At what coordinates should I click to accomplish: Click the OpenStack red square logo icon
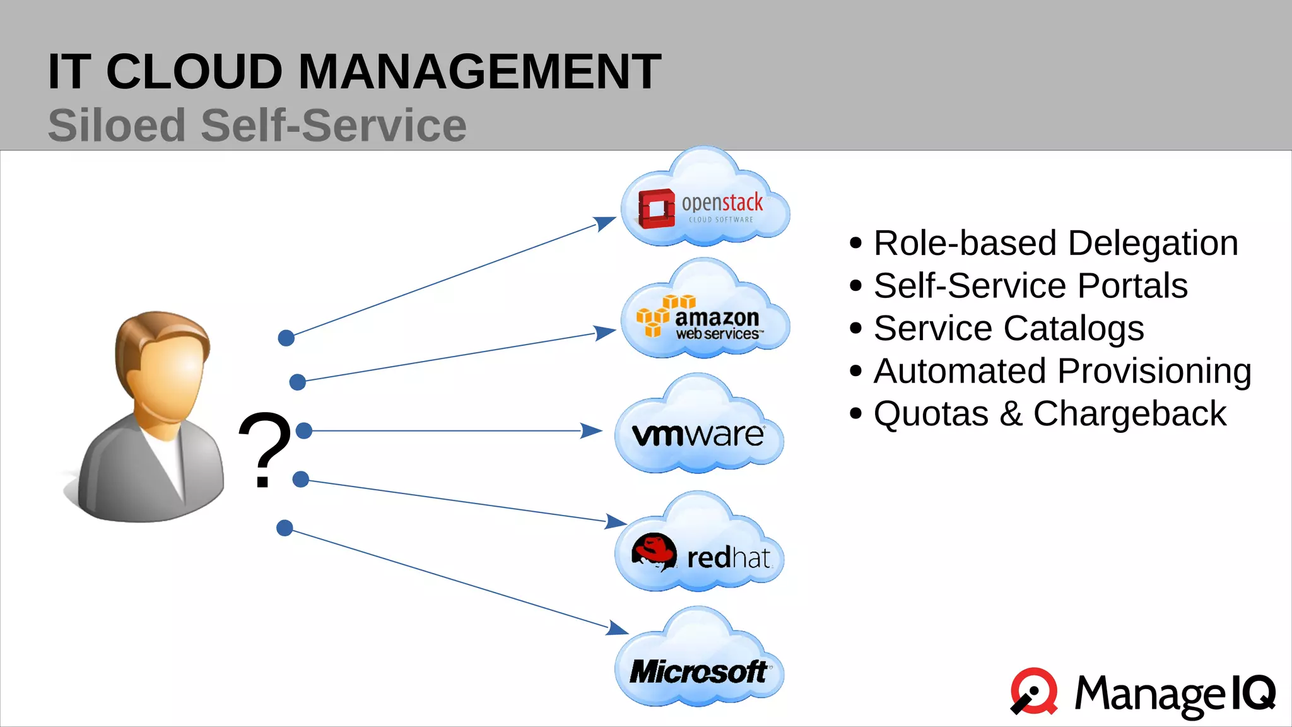(656, 208)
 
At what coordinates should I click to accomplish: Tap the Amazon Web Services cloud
(705, 316)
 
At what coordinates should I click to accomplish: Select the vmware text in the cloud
(697, 434)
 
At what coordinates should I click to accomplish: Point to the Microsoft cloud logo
(698, 671)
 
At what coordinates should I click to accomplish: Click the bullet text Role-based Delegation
(1055, 243)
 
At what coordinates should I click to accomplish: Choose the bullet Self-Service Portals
(1030, 285)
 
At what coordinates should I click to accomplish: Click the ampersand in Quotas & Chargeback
(1011, 414)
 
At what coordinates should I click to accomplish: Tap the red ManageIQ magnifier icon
(1035, 691)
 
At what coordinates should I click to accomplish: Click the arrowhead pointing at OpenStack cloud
(605, 223)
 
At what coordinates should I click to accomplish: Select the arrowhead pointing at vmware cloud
(591, 431)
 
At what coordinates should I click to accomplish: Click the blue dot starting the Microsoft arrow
(285, 528)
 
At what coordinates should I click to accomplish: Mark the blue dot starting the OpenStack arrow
(286, 338)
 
